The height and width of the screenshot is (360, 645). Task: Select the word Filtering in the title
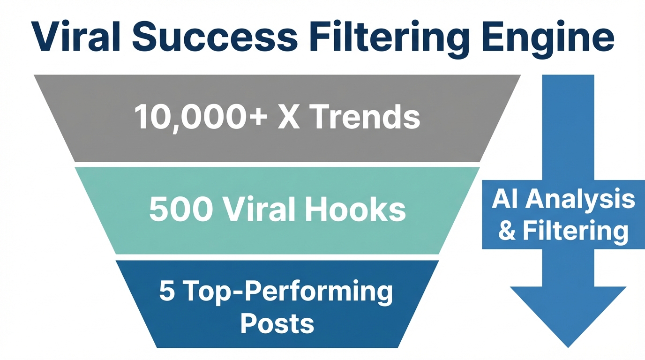click(x=389, y=37)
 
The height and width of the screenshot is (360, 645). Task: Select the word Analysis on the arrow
click(x=582, y=201)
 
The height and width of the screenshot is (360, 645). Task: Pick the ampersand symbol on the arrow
click(x=507, y=231)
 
